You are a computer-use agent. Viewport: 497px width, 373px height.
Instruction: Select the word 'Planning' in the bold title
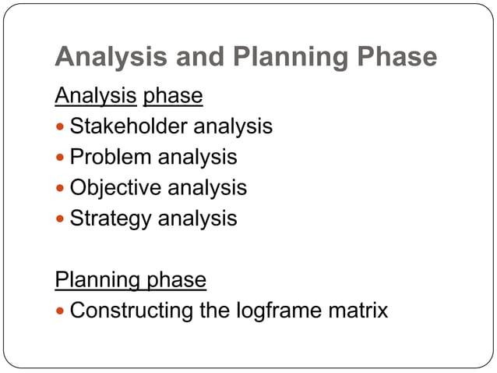tap(281, 58)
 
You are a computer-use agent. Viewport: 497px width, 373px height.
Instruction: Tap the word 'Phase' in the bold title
tap(394, 58)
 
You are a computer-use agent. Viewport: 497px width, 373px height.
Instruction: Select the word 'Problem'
tap(111, 157)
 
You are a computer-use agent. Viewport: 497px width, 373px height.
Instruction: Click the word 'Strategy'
tap(111, 219)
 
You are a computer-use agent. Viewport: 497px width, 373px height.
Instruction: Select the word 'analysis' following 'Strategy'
tap(198, 219)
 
